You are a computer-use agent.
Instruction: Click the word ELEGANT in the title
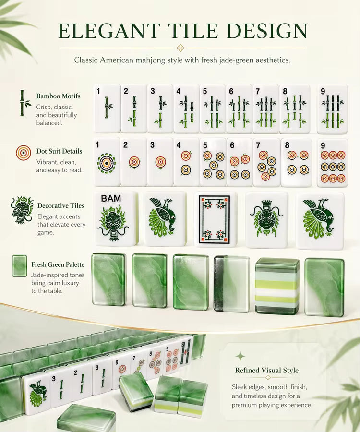click(x=109, y=31)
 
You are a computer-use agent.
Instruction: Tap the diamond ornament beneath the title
click(x=180, y=48)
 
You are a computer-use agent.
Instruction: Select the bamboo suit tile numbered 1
click(x=107, y=109)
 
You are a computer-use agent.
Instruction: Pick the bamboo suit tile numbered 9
click(x=333, y=109)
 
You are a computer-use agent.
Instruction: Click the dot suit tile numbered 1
click(x=107, y=163)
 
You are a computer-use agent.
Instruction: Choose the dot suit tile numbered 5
click(x=213, y=163)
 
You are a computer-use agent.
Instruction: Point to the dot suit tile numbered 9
click(x=333, y=163)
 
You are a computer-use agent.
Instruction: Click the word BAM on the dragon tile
click(x=111, y=198)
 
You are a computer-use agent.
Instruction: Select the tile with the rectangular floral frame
click(x=214, y=219)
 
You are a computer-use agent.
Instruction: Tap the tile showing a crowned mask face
click(x=266, y=220)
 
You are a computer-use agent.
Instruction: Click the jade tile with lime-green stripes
click(x=277, y=287)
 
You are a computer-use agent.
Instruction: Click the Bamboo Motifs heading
click(x=59, y=96)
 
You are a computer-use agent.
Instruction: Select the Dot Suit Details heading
click(x=59, y=151)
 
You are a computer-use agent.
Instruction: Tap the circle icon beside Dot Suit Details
click(x=24, y=153)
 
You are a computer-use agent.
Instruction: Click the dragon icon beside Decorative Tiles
click(x=22, y=209)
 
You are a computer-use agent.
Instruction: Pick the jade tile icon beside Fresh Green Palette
click(x=20, y=266)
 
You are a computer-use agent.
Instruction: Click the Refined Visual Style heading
click(x=266, y=370)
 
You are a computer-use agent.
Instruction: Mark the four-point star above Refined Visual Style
click(x=240, y=356)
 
